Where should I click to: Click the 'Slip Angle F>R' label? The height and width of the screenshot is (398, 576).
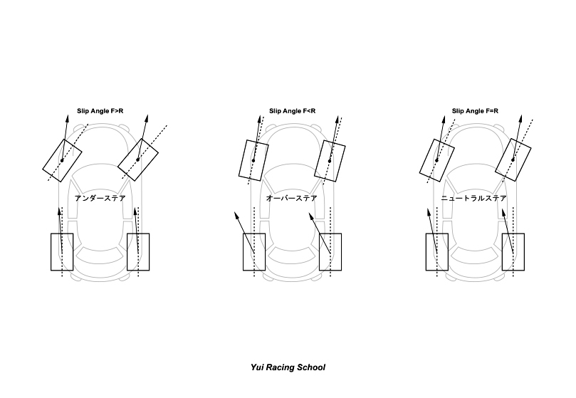[100, 111]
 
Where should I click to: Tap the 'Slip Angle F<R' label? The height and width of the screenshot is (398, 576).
[292, 111]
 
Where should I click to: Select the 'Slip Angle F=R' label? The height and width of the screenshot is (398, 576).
[475, 111]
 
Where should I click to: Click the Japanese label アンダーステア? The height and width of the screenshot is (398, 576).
[100, 199]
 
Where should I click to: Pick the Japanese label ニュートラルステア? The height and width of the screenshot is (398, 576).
[473, 199]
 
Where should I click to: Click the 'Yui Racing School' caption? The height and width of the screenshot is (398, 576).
[288, 368]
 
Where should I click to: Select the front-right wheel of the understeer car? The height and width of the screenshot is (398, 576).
[138, 159]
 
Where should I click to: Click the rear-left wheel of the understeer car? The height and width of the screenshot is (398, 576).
[62, 251]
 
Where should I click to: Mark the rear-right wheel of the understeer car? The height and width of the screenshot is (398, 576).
[138, 251]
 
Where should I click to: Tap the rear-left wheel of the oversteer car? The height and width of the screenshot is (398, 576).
[254, 251]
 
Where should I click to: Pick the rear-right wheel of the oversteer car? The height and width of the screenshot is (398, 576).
[330, 251]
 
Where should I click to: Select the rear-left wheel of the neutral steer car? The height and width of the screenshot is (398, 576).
[436, 251]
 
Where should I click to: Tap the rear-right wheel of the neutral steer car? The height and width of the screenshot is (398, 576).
[513, 251]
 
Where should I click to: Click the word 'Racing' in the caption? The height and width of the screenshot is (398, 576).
[283, 368]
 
